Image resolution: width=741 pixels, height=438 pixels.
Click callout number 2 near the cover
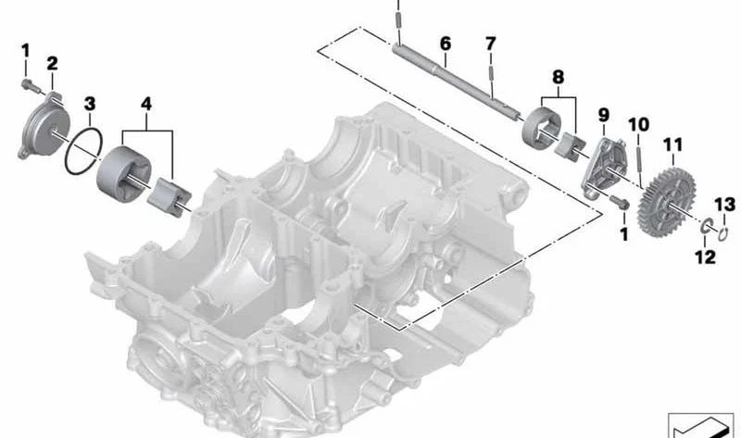52,63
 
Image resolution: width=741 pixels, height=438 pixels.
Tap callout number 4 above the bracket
146,104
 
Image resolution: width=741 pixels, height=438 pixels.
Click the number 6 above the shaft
446,44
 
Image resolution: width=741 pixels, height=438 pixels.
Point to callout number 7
491,44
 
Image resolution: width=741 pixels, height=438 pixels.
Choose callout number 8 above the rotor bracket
559,77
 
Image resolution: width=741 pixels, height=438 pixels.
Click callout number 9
604,115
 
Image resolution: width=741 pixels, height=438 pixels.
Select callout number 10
638,125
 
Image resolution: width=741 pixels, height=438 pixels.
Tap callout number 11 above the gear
673,144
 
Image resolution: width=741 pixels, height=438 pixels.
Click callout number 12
705,257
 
